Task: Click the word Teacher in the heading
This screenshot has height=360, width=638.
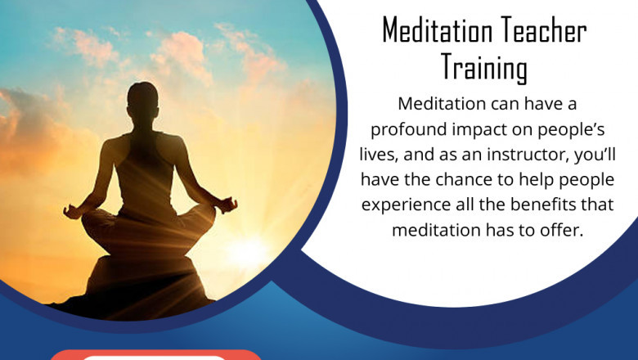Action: click(541, 31)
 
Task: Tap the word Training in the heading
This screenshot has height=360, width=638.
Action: click(484, 67)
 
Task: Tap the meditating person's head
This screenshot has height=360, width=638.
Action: click(143, 97)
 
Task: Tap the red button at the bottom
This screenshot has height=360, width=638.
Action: click(155, 355)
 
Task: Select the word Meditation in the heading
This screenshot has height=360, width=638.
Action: click(435, 31)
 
